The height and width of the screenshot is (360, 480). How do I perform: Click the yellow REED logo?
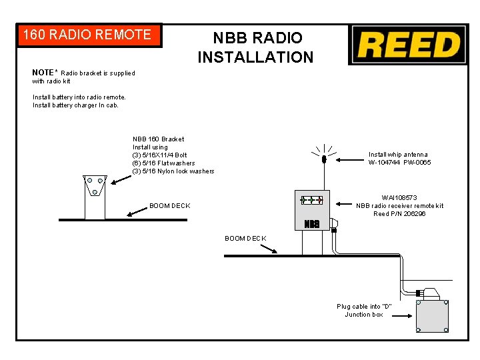(x=409, y=45)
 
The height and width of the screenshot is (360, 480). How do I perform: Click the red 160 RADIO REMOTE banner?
(x=89, y=35)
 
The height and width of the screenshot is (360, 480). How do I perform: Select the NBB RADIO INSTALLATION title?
(x=256, y=47)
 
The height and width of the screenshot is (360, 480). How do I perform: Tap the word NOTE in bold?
(x=43, y=73)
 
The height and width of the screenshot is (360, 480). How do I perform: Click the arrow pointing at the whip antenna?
(x=349, y=160)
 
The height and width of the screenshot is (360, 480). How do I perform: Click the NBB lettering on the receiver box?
(x=311, y=224)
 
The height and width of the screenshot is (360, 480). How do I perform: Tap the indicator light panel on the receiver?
(x=311, y=200)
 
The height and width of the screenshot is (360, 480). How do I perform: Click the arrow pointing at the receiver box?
(x=344, y=204)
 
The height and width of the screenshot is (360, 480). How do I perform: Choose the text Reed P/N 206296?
(x=399, y=214)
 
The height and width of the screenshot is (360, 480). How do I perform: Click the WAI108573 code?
(x=399, y=198)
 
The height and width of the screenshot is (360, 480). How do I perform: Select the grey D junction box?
(x=432, y=316)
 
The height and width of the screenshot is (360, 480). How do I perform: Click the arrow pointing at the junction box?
(x=402, y=316)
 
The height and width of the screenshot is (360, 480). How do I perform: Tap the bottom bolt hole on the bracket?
(x=95, y=192)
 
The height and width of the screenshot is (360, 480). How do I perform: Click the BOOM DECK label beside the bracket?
(x=170, y=206)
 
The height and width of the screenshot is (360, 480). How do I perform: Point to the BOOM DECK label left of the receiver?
(x=245, y=239)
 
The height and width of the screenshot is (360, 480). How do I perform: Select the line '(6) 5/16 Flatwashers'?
(x=163, y=163)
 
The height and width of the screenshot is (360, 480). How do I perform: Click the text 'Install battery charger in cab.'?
(x=75, y=105)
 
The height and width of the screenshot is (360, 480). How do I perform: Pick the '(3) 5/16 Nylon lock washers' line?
(x=173, y=171)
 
